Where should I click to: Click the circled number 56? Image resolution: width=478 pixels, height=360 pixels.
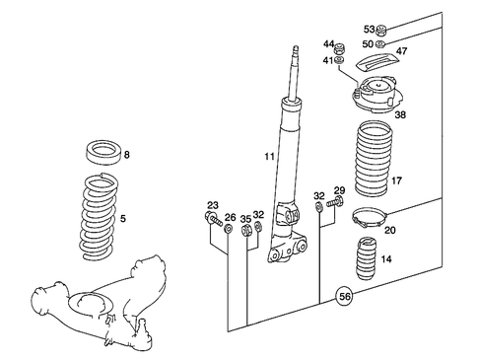[344, 295]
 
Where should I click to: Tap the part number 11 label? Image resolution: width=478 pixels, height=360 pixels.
[269, 157]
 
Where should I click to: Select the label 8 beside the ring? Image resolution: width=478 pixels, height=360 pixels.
[126, 155]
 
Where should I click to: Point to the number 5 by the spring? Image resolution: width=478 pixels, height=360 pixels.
[124, 218]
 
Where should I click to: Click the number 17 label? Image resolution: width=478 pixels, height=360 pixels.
[396, 180]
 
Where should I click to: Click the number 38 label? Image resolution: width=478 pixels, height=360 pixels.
[399, 114]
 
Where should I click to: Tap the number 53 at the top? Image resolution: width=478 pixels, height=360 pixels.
[369, 29]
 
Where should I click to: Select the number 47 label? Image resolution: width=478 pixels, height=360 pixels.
[402, 50]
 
